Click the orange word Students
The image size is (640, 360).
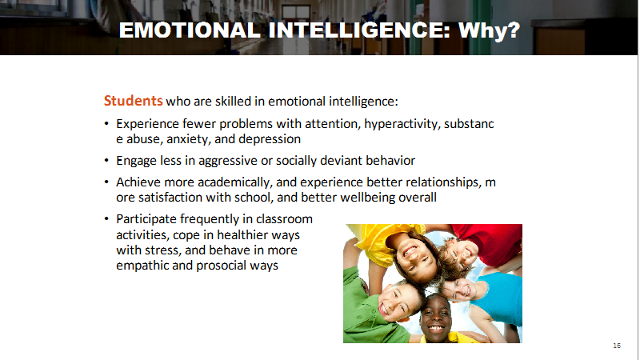(133, 101)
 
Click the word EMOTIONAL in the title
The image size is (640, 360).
(190, 30)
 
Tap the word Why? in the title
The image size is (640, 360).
(489, 30)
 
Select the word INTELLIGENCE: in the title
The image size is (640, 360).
(359, 30)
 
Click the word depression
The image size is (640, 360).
(270, 139)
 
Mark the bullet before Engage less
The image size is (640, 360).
(106, 161)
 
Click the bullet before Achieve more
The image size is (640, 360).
(106, 182)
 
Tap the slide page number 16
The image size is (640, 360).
(617, 346)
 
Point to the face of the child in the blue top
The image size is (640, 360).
(462, 290)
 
